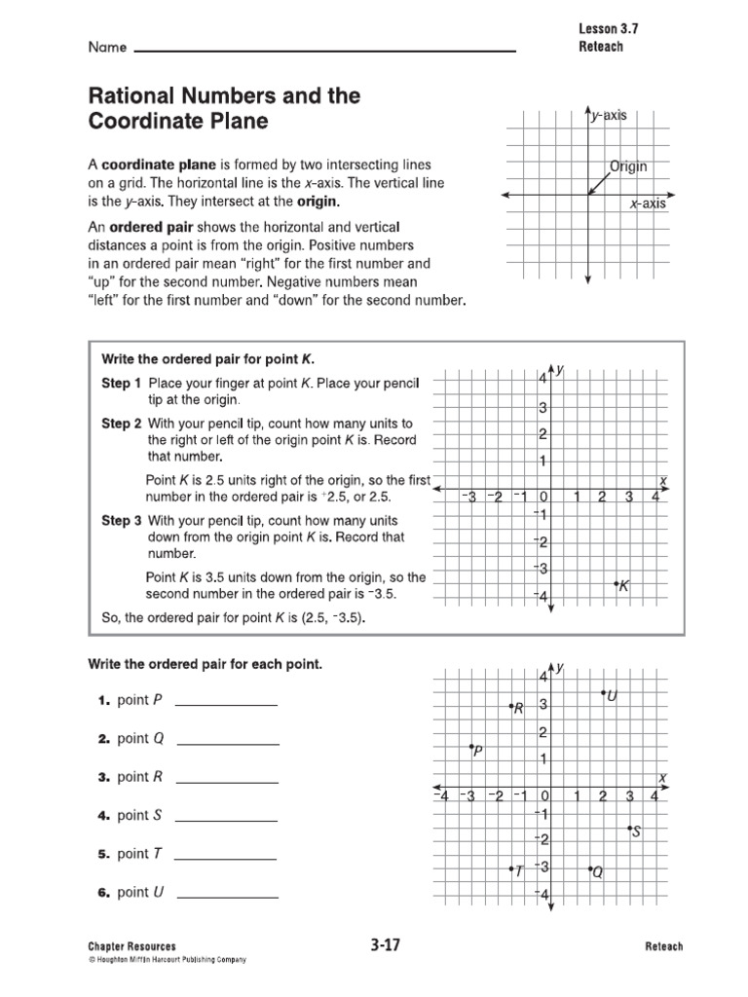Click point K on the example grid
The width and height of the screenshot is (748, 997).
(617, 583)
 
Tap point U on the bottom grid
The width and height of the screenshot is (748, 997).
(603, 692)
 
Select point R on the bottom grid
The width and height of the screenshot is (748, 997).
(511, 706)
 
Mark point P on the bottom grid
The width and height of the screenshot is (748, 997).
(470, 747)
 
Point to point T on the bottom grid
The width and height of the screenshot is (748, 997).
(511, 868)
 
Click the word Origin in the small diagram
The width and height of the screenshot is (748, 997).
(628, 166)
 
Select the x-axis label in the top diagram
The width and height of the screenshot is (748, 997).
(647, 203)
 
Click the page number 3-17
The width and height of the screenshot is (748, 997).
(387, 944)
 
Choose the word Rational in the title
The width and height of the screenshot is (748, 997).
(131, 95)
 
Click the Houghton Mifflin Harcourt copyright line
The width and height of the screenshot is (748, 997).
(167, 960)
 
